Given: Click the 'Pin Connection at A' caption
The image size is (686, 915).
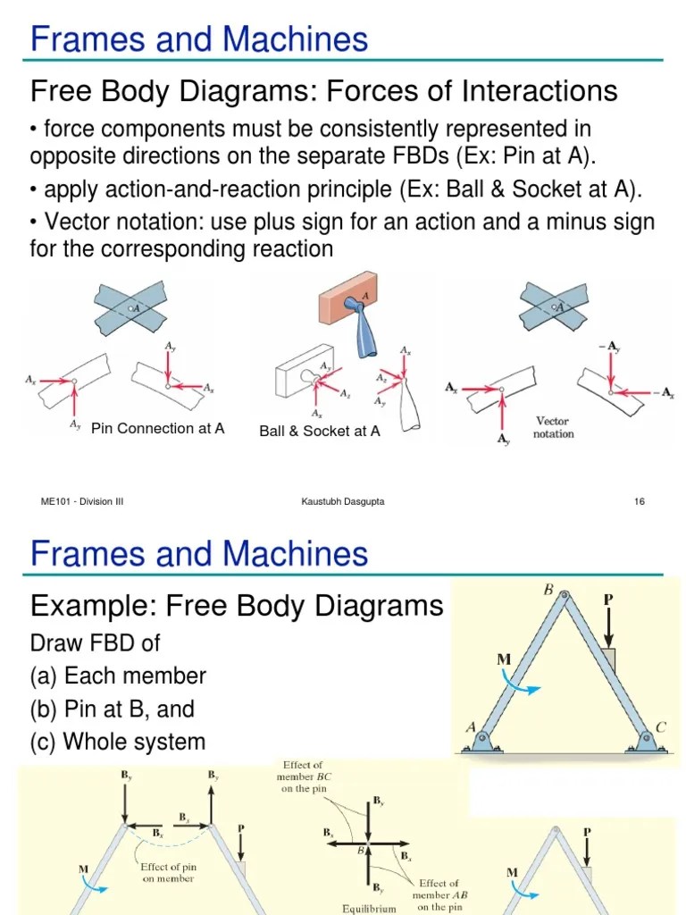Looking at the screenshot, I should coord(157,429).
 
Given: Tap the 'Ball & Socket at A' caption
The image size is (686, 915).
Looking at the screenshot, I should coord(319,432).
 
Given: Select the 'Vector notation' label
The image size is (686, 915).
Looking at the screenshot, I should coord(553,427).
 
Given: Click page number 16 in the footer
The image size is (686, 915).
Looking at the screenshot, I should coord(639,502).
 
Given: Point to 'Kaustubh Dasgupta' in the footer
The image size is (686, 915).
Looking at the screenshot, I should coord(343,502).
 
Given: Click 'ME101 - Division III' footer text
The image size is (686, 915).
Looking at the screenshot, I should coord(82,502).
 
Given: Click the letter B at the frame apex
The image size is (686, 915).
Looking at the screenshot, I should coord(548,590).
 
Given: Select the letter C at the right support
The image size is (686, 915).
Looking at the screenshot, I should coord(661,727).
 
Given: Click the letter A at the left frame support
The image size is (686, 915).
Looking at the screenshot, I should coord(469,727).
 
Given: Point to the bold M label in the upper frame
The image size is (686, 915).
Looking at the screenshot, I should coord(504,659).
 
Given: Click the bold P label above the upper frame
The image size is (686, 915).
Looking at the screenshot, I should coord(608,600).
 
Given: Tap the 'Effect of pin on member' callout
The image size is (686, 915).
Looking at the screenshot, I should coord(168,872).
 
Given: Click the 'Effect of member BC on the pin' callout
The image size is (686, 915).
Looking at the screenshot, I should coord(303,776).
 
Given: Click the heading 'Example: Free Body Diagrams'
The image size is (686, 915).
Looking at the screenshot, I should coord(237,606).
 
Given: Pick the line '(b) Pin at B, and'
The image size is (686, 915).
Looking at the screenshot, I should coord(113,709).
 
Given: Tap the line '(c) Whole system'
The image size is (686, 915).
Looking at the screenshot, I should coord(118,742).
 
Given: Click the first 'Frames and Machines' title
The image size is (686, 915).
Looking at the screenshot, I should coord(199,39).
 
